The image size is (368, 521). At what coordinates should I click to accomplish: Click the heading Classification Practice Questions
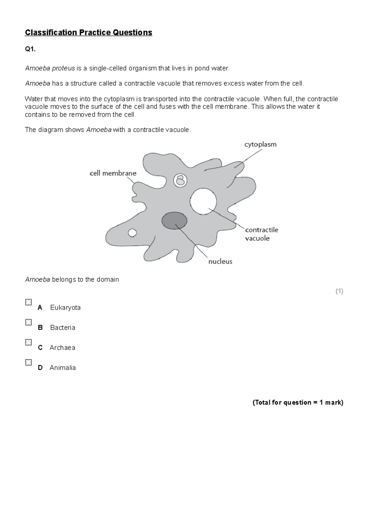click(88, 33)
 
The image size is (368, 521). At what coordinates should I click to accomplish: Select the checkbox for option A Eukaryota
click(29, 303)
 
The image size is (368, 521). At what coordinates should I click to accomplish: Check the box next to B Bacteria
click(29, 322)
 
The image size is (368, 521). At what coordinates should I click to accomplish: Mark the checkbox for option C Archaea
click(29, 342)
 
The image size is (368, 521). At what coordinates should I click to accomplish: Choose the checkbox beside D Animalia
click(29, 363)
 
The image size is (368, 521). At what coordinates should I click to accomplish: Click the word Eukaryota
click(65, 307)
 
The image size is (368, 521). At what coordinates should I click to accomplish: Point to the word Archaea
click(62, 348)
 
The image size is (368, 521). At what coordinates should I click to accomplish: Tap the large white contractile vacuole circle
click(203, 202)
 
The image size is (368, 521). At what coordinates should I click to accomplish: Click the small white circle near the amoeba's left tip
click(132, 233)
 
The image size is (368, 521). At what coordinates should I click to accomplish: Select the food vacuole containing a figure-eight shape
click(180, 180)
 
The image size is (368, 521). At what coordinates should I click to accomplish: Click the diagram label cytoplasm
click(260, 145)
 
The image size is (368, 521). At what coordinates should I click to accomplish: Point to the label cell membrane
click(113, 173)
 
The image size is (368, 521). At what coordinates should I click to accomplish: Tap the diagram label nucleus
click(220, 262)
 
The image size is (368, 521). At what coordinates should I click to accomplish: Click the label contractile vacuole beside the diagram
click(261, 234)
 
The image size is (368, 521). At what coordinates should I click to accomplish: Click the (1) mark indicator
click(339, 291)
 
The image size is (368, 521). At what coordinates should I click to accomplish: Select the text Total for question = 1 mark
click(297, 403)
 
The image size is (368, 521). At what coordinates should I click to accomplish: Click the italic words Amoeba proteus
click(50, 68)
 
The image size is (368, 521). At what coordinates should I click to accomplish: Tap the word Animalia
click(63, 368)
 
